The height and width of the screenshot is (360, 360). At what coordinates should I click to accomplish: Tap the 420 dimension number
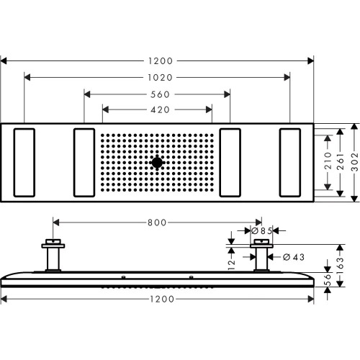pos(157,109)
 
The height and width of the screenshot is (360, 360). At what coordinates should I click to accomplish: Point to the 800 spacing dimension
pos(156,222)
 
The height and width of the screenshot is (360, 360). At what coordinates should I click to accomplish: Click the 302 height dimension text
pos(353,163)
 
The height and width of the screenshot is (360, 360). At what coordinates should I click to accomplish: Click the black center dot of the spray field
pos(157,163)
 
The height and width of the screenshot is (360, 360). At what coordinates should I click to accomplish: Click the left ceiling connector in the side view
pos(53,256)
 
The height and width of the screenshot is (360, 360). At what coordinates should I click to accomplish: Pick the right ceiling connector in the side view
pos(259,256)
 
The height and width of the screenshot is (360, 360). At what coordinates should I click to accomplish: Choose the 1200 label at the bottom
pos(157,298)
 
